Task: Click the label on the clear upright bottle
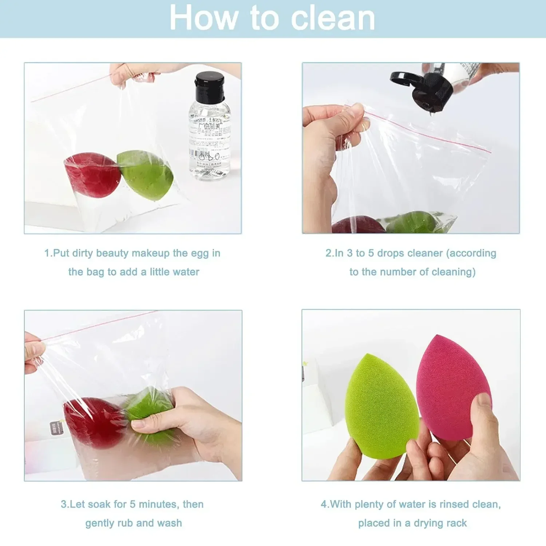click(x=209, y=142)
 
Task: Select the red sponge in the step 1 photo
click(x=93, y=175)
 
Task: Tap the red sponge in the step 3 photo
click(x=95, y=422)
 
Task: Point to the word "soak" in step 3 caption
click(x=99, y=505)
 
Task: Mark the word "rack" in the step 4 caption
click(x=456, y=523)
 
